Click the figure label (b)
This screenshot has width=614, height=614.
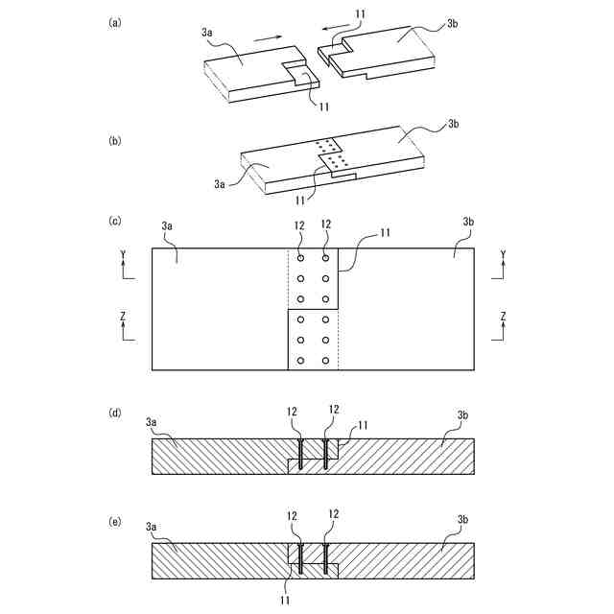116,140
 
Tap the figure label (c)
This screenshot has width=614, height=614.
116,222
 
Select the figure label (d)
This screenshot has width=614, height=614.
116,413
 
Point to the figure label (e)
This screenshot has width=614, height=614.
116,521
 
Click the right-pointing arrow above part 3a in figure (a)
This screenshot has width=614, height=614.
271,37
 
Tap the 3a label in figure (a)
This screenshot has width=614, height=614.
207,33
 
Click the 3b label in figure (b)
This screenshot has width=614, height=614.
454,125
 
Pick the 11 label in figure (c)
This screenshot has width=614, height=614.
385,233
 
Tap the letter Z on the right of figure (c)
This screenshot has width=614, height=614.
504,316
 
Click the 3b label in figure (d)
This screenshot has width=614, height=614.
463,414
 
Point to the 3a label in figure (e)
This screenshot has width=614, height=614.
152,527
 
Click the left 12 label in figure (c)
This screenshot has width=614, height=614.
299,224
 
